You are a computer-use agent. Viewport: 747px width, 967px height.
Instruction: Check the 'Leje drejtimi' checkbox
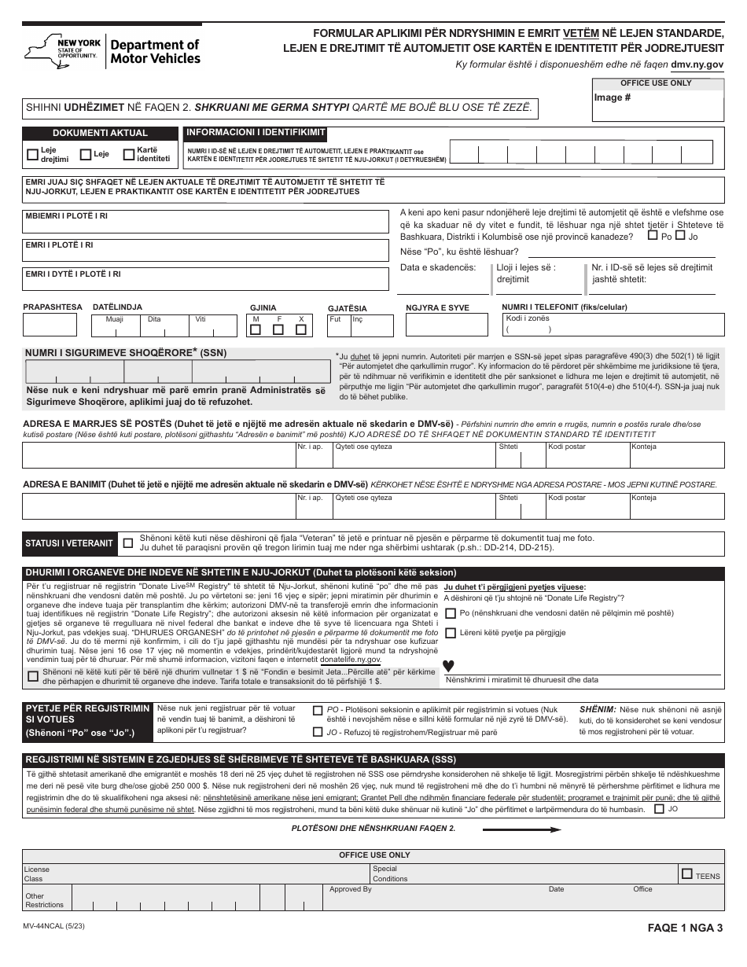point(32,155)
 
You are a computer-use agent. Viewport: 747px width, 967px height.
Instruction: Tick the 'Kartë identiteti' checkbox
point(128,155)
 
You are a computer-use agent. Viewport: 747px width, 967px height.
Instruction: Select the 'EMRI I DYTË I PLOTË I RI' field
point(206,280)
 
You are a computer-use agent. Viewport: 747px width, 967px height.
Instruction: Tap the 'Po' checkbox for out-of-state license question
point(653,235)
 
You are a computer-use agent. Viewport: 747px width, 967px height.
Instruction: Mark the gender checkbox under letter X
point(300,330)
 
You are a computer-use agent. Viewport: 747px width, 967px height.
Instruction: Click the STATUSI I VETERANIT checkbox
point(129,542)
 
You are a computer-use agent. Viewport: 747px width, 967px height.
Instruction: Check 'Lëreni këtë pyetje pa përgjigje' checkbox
point(451,633)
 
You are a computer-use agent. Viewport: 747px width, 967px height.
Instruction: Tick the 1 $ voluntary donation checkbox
point(33,676)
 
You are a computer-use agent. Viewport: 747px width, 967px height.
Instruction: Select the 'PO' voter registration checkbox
point(318,711)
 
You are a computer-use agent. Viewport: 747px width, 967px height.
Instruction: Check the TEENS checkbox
point(687,873)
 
